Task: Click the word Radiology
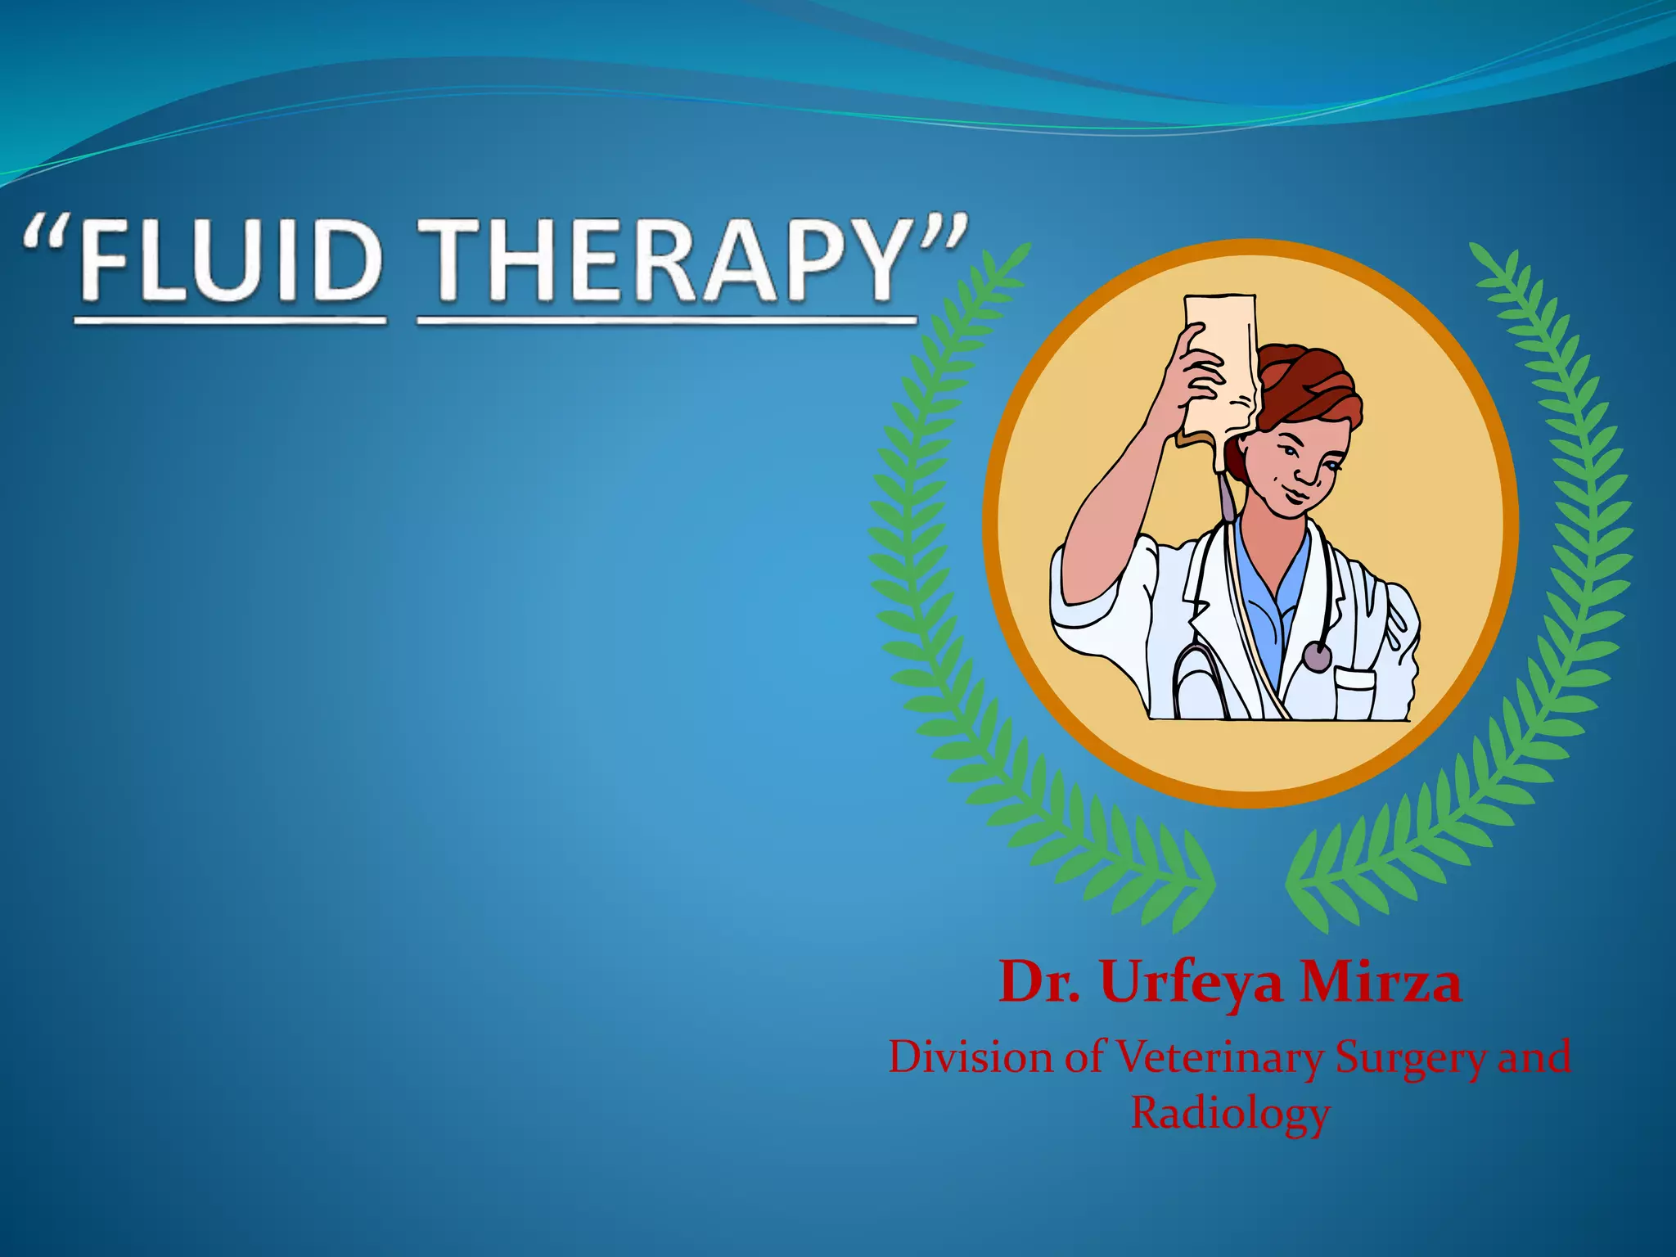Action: [x=1230, y=1113]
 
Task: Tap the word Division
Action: [x=972, y=1057]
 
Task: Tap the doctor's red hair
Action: [x=1309, y=385]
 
